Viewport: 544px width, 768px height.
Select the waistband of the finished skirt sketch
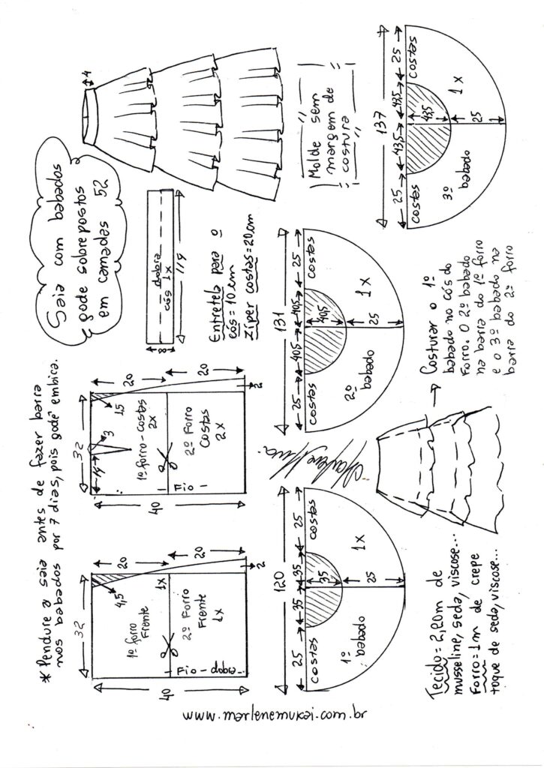(x=92, y=104)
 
